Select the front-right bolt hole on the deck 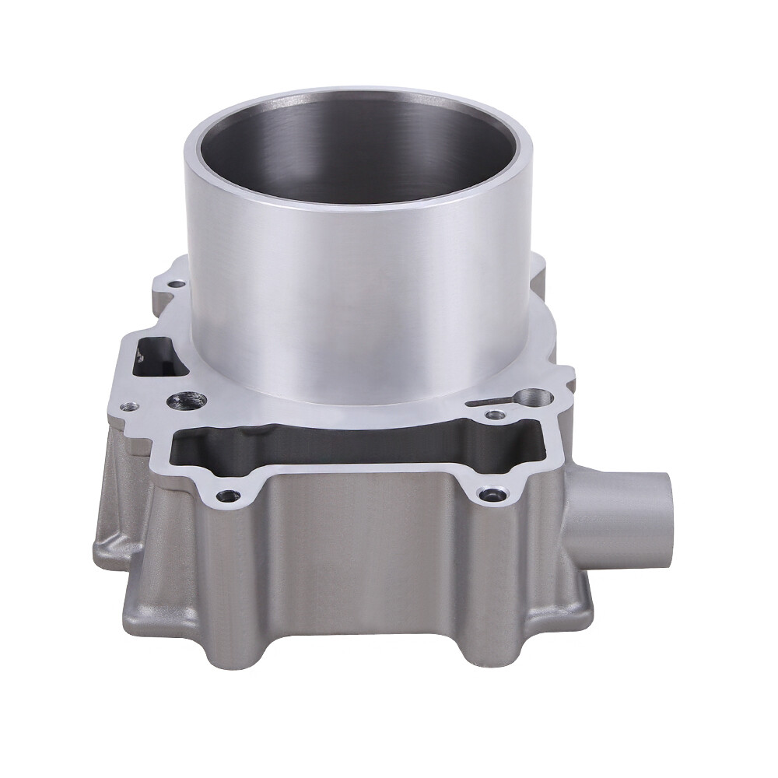pos(487,493)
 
